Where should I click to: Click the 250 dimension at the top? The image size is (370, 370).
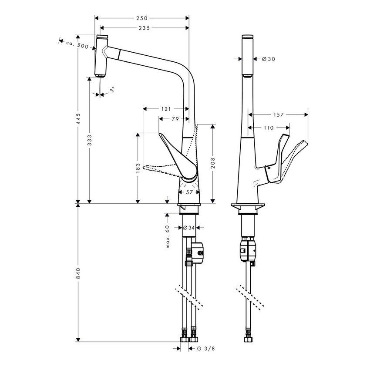point(142,18)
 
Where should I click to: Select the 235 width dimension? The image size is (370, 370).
point(144,28)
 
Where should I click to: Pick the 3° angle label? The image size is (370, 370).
point(111,90)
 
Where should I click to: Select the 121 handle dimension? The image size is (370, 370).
point(165,109)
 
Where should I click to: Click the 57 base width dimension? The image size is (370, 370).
point(189,192)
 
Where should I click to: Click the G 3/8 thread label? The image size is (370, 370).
point(203,348)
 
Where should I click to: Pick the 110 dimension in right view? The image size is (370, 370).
point(268,128)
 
